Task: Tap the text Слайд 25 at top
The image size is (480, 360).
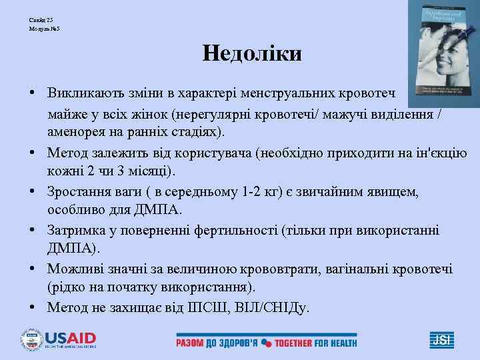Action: tap(41, 20)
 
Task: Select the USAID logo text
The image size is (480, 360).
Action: tap(71, 338)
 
